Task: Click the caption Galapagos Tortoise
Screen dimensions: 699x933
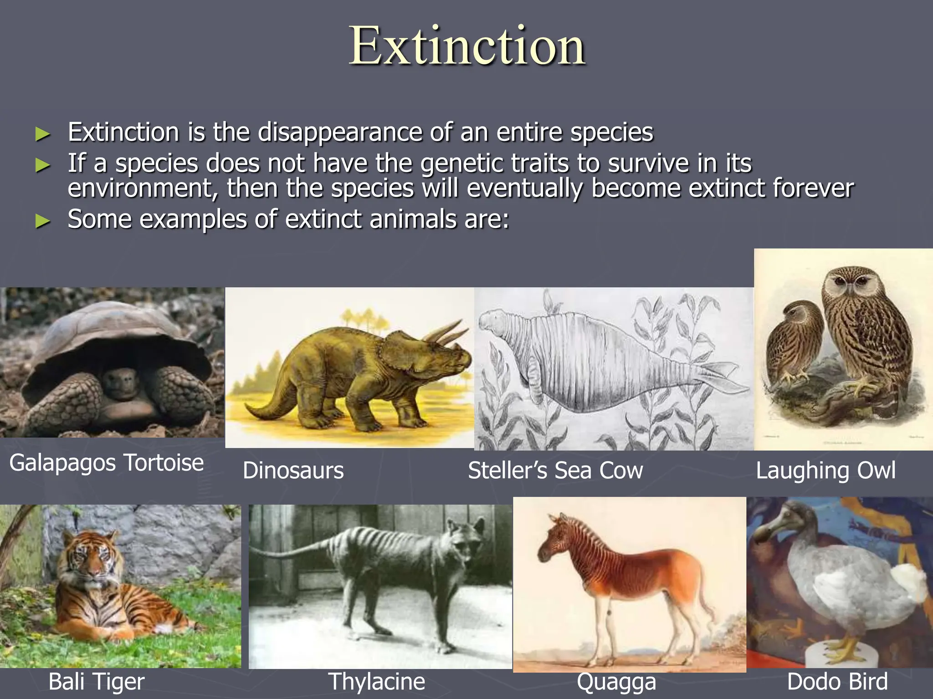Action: click(x=106, y=463)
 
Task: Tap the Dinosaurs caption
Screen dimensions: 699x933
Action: click(x=293, y=470)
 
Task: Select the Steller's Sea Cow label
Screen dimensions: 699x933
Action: click(x=555, y=470)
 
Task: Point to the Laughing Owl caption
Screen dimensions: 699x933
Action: click(x=825, y=470)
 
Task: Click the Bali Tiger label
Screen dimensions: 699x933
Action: click(x=96, y=681)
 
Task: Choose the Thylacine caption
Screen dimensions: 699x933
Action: click(x=376, y=681)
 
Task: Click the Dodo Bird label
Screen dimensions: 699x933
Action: click(x=837, y=681)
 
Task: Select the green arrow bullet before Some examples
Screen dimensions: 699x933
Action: click(x=42, y=221)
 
